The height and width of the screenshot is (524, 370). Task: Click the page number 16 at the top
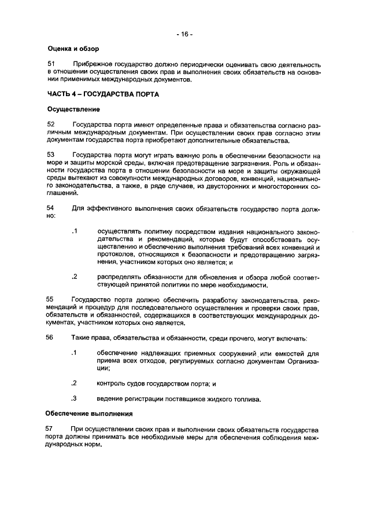pyautogui.click(x=184, y=34)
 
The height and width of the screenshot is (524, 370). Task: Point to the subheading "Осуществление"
pyautogui.click(x=73, y=109)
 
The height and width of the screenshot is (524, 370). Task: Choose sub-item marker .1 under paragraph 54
pyautogui.click(x=74, y=232)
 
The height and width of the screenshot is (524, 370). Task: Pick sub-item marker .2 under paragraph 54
pyautogui.click(x=74, y=277)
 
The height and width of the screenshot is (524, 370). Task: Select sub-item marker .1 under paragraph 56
pyautogui.click(x=74, y=353)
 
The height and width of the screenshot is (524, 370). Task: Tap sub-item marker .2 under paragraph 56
pyautogui.click(x=74, y=383)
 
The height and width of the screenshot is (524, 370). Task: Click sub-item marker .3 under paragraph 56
pyautogui.click(x=74, y=398)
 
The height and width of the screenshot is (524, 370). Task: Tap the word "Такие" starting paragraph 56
pyautogui.click(x=81, y=338)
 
